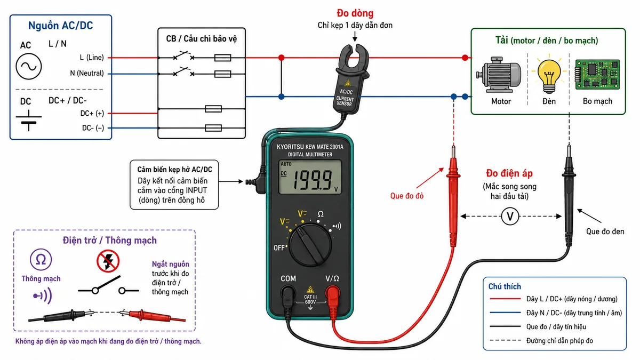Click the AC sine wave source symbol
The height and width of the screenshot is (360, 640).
[29, 67]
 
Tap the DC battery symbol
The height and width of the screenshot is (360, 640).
[29, 120]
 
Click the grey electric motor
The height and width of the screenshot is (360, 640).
[499, 75]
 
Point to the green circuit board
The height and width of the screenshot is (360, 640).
[597, 75]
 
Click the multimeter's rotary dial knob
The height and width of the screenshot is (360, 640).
[310, 245]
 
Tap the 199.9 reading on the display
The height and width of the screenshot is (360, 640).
[313, 180]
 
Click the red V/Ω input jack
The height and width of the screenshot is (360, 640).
[332, 293]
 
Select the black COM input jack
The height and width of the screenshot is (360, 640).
[288, 293]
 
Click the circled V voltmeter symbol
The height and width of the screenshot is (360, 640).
[510, 217]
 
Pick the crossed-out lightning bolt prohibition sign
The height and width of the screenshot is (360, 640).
[108, 261]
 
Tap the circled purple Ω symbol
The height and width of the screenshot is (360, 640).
[41, 259]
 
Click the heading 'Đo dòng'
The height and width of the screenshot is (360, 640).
[355, 13]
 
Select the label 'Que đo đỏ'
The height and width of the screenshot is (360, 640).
[407, 196]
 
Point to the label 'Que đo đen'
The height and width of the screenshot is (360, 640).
[605, 231]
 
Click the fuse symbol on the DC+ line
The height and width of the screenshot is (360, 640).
[213, 109]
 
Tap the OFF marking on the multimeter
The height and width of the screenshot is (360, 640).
[279, 247]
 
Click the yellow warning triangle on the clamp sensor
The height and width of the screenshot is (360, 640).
[348, 83]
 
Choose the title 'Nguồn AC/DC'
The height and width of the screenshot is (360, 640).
[61, 26]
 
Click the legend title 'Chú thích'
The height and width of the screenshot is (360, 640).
[505, 286]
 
